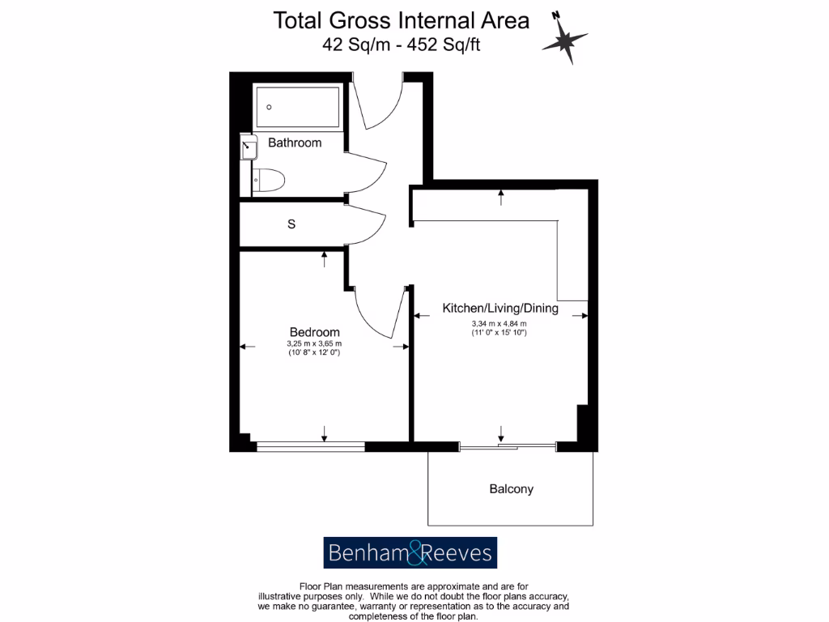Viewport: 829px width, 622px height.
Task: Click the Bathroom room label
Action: (x=295, y=143)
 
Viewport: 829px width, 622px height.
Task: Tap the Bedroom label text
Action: (x=315, y=332)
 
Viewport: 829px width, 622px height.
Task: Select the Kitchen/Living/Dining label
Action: (x=500, y=308)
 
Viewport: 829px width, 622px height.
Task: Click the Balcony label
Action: (x=511, y=489)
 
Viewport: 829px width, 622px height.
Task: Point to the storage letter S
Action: (x=291, y=224)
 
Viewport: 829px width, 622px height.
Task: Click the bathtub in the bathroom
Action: (x=297, y=105)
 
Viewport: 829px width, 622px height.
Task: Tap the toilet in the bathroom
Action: (x=268, y=180)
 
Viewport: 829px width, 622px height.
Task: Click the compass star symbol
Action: (x=564, y=40)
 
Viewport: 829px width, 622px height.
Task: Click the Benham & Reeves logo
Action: (x=410, y=553)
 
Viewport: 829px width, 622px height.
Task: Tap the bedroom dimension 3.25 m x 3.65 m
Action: (x=315, y=343)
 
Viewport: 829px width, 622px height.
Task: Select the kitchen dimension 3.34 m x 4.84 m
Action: (x=500, y=324)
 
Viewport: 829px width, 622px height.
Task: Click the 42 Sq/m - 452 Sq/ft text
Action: (x=402, y=45)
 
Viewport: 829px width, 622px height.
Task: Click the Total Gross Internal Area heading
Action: (x=402, y=19)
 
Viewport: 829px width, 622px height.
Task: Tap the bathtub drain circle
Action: (x=270, y=107)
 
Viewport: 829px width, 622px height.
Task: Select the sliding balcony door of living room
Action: (x=508, y=445)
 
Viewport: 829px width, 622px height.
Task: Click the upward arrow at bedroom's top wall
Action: (x=325, y=258)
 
